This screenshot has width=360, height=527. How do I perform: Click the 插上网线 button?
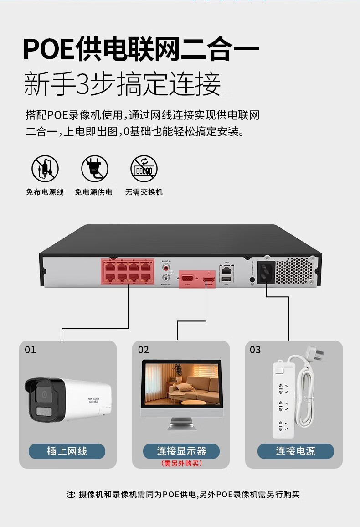pyautogui.click(x=67, y=451)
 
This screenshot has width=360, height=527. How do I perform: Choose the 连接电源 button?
pyautogui.click(x=295, y=451)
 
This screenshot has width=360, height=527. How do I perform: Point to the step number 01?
pyautogui.click(x=30, y=350)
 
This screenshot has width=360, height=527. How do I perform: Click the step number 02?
pyautogui.click(x=144, y=350)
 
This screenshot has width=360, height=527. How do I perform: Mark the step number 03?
pyautogui.click(x=255, y=350)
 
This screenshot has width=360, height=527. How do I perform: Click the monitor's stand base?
pyautogui.click(x=182, y=427)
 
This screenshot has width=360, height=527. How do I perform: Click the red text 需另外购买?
pyautogui.click(x=181, y=463)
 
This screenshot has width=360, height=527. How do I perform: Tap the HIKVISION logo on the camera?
pyautogui.click(x=97, y=399)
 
